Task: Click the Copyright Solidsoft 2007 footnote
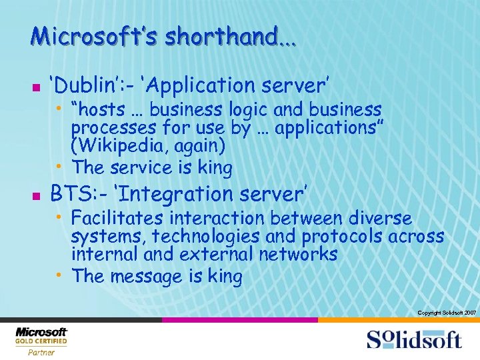click(x=446, y=313)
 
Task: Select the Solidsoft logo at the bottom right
click(x=413, y=339)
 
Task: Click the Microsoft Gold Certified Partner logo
click(x=41, y=340)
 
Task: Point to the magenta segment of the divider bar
click(x=239, y=320)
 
